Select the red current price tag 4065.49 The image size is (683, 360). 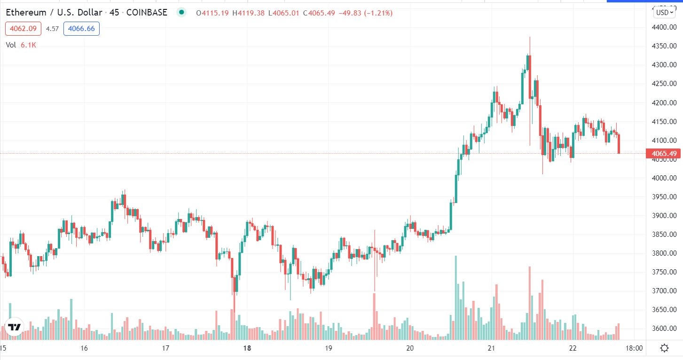click(664, 154)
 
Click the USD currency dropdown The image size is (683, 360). click(665, 13)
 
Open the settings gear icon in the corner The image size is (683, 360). click(665, 348)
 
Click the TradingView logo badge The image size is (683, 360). click(14, 327)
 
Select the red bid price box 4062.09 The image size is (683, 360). click(24, 29)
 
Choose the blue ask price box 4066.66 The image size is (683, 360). click(81, 29)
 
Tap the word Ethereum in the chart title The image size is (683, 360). click(25, 13)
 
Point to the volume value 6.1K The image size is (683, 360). click(28, 45)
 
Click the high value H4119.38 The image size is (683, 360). click(248, 13)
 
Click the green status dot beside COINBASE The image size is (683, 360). click(181, 13)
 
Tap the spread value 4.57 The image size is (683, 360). click(52, 29)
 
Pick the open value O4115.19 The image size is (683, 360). click(212, 13)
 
